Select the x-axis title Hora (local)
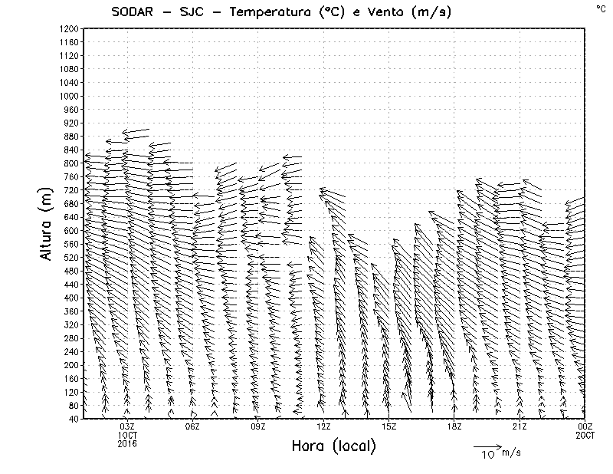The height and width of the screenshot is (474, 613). tap(333, 446)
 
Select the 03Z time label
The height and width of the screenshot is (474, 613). tap(127, 426)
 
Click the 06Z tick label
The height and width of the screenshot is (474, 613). tap(192, 426)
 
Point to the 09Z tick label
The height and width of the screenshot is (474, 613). tap(258, 426)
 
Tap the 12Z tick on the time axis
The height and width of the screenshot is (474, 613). tap(323, 426)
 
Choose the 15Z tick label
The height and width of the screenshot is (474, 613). tap(388, 426)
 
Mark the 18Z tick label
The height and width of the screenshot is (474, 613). tap(454, 426)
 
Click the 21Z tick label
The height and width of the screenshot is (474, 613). tap(520, 426)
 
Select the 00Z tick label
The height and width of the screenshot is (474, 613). tap(585, 426)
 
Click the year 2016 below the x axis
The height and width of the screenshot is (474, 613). tap(127, 443)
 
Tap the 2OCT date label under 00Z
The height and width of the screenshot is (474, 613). tap(585, 435)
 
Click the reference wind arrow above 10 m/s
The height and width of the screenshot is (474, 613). tap(486, 445)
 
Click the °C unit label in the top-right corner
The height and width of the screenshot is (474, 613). tap(600, 8)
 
